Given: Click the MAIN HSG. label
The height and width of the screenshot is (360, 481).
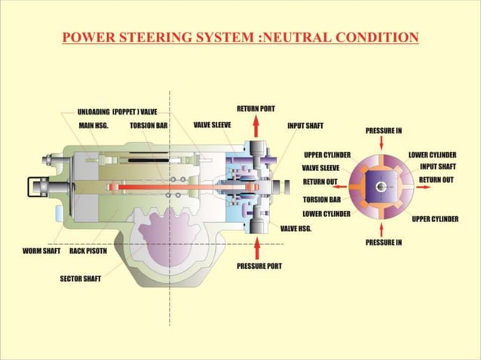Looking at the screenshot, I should click(x=93, y=125).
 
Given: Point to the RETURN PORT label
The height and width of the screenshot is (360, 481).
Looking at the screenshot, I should click(x=256, y=108).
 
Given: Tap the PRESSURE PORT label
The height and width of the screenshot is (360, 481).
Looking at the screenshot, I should click(x=259, y=266).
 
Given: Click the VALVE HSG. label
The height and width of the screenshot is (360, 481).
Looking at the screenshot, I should click(x=296, y=227).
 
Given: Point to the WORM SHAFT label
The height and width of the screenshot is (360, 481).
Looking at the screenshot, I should click(x=41, y=251).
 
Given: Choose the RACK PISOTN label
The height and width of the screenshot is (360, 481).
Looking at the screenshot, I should click(x=88, y=251).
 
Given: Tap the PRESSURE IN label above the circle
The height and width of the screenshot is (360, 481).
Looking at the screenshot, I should click(x=383, y=130).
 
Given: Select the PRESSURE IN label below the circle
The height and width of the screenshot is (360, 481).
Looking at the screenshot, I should click(x=383, y=243).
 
